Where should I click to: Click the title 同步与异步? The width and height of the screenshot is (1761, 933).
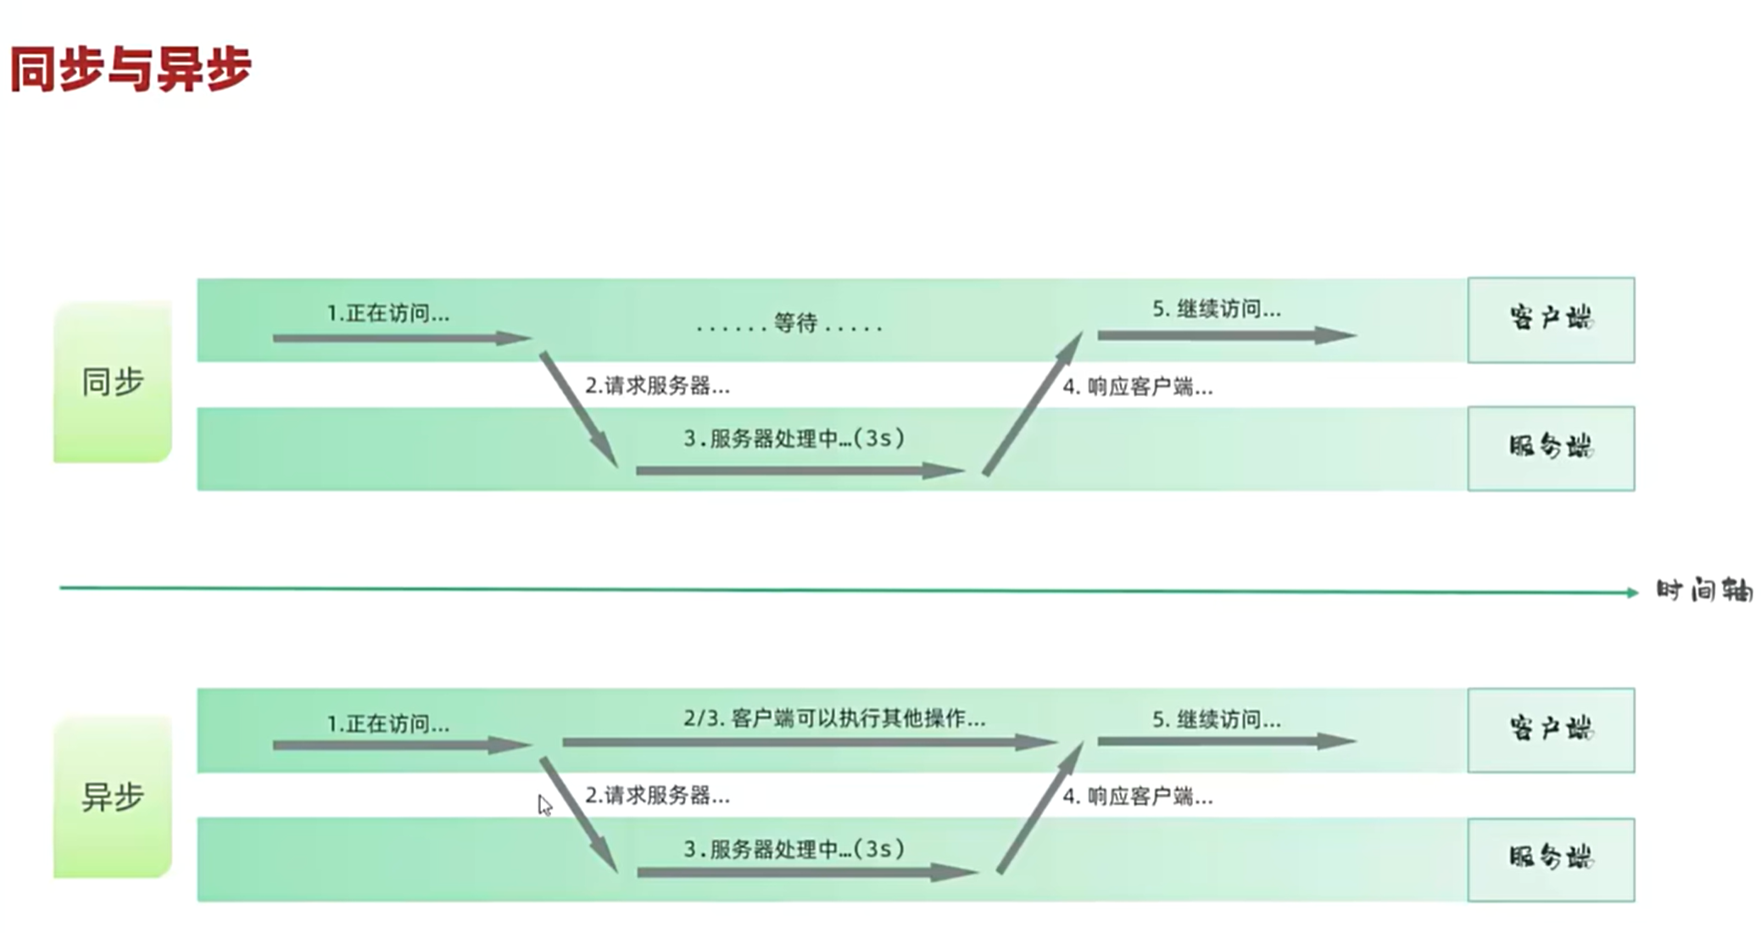pos(131,69)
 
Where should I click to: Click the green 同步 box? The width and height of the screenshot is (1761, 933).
pos(113,382)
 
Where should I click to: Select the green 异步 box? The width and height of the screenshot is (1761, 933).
pos(113,797)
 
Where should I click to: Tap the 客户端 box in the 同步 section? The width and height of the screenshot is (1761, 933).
pos(1551,320)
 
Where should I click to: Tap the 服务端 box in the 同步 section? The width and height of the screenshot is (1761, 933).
pos(1551,448)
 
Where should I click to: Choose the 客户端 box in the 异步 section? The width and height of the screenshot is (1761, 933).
pos(1551,730)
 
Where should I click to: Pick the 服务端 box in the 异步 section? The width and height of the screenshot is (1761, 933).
pos(1551,859)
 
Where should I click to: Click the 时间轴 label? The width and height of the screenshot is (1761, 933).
pos(1704,590)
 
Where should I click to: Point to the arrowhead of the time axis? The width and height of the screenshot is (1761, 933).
pos(1632,592)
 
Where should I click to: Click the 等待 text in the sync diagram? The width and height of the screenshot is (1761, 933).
pos(795,323)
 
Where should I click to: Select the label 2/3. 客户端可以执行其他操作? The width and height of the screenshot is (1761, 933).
pos(834,719)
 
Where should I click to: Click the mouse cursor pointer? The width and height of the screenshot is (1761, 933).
pos(543,804)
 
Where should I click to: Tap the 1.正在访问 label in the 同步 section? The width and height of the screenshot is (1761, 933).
pos(388,314)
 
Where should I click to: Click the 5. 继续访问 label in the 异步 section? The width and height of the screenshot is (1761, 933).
pos(1216,720)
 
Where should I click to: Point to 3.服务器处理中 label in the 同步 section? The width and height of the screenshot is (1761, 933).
pos(794,439)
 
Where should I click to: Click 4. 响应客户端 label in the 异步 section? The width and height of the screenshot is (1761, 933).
pos(1138,796)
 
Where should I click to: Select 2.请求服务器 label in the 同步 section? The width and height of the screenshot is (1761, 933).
pos(657,386)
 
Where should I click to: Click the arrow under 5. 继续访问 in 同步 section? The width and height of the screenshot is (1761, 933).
pos(1226,336)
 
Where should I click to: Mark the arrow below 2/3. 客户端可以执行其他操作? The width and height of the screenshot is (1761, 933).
pos(810,743)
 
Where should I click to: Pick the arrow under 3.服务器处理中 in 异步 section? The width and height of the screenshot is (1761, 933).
pos(807,872)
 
